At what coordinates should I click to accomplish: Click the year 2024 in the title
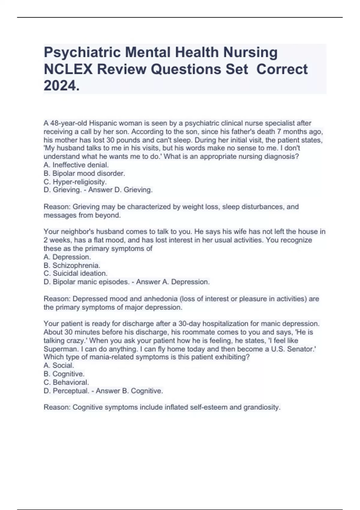[61, 86]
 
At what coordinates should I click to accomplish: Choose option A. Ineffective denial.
[76, 165]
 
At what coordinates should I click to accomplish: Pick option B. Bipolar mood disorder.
[84, 173]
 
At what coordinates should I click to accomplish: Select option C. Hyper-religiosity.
[75, 182]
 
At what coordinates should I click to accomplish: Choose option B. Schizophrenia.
[72, 265]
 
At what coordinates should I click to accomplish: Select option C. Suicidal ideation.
[76, 274]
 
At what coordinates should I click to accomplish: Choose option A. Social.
[59, 366]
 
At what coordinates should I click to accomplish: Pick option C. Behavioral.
[66, 382]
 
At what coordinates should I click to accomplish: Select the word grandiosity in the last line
[262, 407]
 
